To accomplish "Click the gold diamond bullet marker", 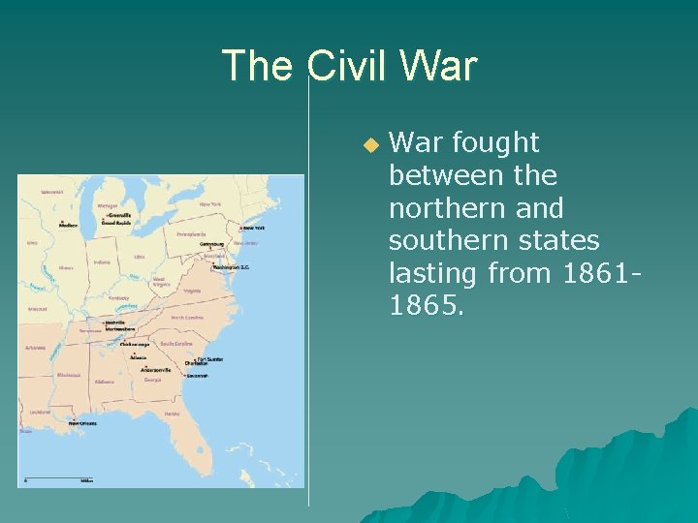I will [x=368, y=144].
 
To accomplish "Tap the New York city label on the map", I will [x=253, y=229].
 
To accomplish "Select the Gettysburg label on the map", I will [x=212, y=244].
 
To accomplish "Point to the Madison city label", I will [x=68, y=225].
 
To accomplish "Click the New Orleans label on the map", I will [x=82, y=422].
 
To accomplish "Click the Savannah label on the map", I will [x=199, y=376].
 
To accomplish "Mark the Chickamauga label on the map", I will [x=134, y=344].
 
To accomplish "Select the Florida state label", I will [x=173, y=415].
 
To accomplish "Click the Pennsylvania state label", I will [x=191, y=233].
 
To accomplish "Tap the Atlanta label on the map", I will [x=139, y=357].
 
